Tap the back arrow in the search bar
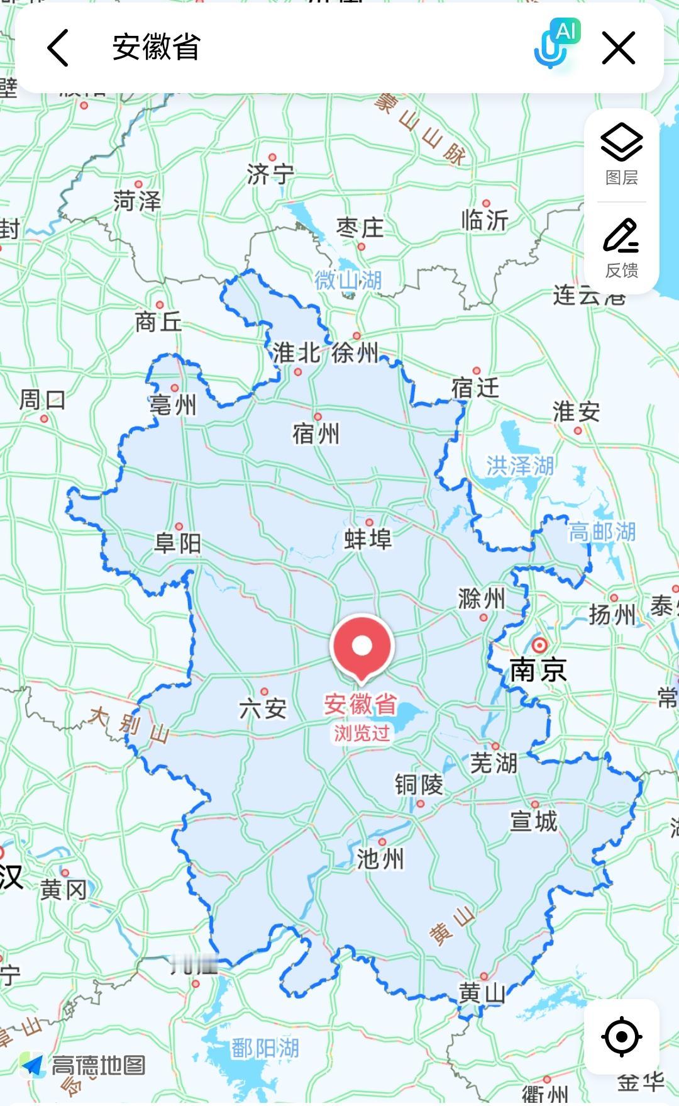(x=58, y=48)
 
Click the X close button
(x=619, y=48)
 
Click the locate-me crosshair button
(x=621, y=1036)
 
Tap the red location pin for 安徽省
(x=362, y=647)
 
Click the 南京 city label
(x=538, y=669)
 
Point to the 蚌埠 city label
(x=368, y=539)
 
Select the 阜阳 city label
(x=178, y=543)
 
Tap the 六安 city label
(x=263, y=709)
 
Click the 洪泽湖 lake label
(x=520, y=466)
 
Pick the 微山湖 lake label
(x=348, y=280)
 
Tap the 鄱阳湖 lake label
(x=265, y=1048)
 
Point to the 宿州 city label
(x=316, y=433)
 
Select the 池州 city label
(x=380, y=859)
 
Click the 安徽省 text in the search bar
(x=156, y=48)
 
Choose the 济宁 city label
(x=270, y=174)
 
